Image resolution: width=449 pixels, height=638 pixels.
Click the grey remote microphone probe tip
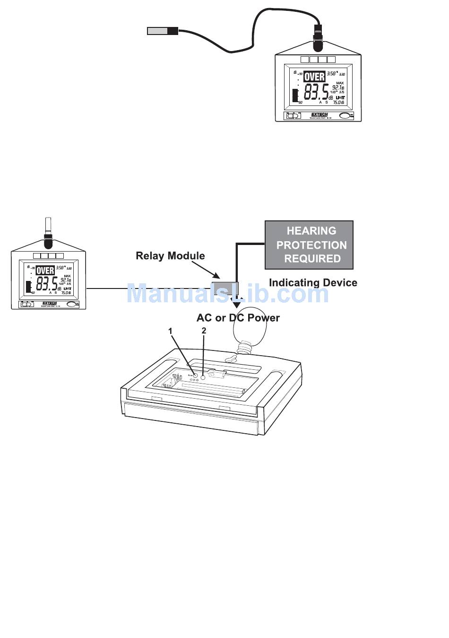click(157, 31)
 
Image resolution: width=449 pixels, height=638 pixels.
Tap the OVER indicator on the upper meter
click(314, 77)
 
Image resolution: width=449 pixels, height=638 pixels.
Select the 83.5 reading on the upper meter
click(316, 91)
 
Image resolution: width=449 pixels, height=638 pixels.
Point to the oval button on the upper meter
click(346, 115)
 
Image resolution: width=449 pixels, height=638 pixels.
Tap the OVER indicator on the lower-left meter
click(45, 271)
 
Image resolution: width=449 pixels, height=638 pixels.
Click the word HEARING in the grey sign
click(311, 231)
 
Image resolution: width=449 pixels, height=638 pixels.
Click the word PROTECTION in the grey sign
click(311, 245)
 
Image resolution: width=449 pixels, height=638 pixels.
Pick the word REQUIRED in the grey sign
click(312, 259)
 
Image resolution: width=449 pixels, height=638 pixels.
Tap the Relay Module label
click(170, 256)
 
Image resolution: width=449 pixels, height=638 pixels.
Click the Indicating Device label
click(313, 283)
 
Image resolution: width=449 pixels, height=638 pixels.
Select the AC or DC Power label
click(238, 318)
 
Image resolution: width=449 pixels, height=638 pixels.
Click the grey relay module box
click(224, 288)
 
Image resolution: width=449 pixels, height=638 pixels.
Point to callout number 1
click(171, 332)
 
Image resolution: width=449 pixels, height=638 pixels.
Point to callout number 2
click(204, 331)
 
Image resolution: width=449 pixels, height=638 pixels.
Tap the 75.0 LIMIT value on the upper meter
click(338, 102)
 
